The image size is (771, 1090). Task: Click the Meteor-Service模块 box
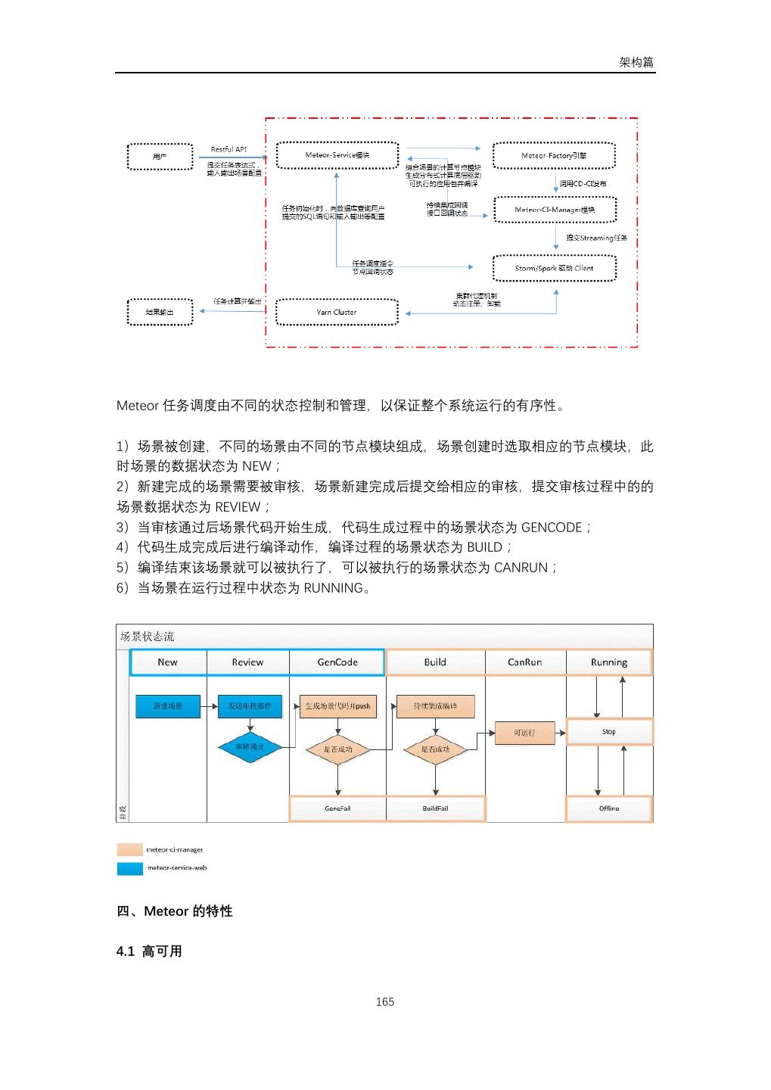tap(337, 155)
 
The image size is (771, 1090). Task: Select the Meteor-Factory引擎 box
tap(554, 155)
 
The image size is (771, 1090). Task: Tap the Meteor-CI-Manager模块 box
tap(555, 210)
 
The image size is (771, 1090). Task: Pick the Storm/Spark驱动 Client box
tap(555, 268)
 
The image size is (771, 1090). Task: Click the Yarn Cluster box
tap(337, 312)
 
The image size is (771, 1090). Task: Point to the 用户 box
tap(160, 156)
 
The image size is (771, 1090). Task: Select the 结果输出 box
tap(160, 312)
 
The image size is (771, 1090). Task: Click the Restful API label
tap(229, 149)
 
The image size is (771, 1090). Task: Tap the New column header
tap(168, 662)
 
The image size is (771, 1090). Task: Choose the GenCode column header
tap(337, 662)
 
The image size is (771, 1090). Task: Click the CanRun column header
tap(524, 662)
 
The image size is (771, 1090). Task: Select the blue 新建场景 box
tap(168, 706)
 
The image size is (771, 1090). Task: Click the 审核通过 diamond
tap(249, 747)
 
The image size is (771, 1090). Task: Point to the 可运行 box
tap(524, 733)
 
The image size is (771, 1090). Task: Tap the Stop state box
tap(609, 732)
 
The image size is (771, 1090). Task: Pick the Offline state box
tap(609, 808)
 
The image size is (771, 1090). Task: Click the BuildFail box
tap(435, 808)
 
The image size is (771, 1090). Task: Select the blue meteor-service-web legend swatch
tap(130, 868)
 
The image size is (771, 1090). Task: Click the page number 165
tap(385, 1001)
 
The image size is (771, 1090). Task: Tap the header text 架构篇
tap(636, 62)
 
